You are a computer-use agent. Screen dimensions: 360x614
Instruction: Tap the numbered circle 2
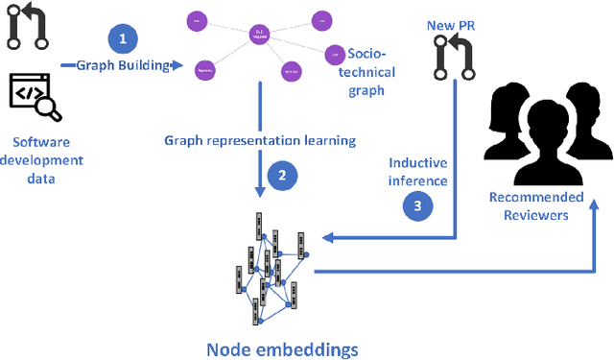tap(281, 175)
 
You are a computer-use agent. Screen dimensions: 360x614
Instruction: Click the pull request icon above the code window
tap(27, 27)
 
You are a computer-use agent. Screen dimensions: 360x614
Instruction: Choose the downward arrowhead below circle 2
tap(260, 196)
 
